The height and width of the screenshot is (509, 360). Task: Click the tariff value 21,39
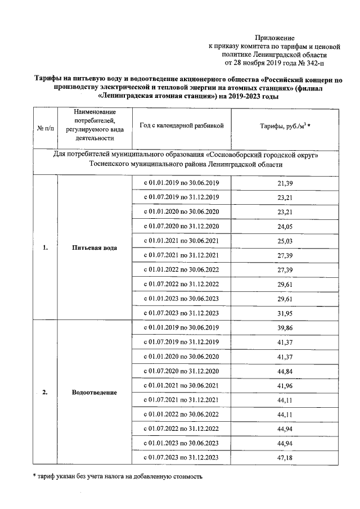click(286, 183)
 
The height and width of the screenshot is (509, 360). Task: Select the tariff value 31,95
click(286, 313)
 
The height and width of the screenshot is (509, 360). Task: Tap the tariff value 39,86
click(286, 328)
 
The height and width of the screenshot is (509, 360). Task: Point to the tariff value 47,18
click(286, 458)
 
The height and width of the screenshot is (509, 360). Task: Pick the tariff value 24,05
click(286, 227)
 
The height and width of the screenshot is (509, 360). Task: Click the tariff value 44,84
click(286, 371)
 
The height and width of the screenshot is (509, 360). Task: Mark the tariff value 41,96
click(286, 386)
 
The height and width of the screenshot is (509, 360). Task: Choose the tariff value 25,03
click(286, 241)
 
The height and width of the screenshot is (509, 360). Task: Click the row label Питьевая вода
click(94, 248)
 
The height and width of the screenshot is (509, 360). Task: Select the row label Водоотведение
click(94, 392)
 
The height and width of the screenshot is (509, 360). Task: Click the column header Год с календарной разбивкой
click(182, 125)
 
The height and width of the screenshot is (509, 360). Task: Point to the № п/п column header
click(46, 129)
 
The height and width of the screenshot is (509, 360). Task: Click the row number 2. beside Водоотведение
click(45, 392)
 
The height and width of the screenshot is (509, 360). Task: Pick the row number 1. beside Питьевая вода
click(45, 248)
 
